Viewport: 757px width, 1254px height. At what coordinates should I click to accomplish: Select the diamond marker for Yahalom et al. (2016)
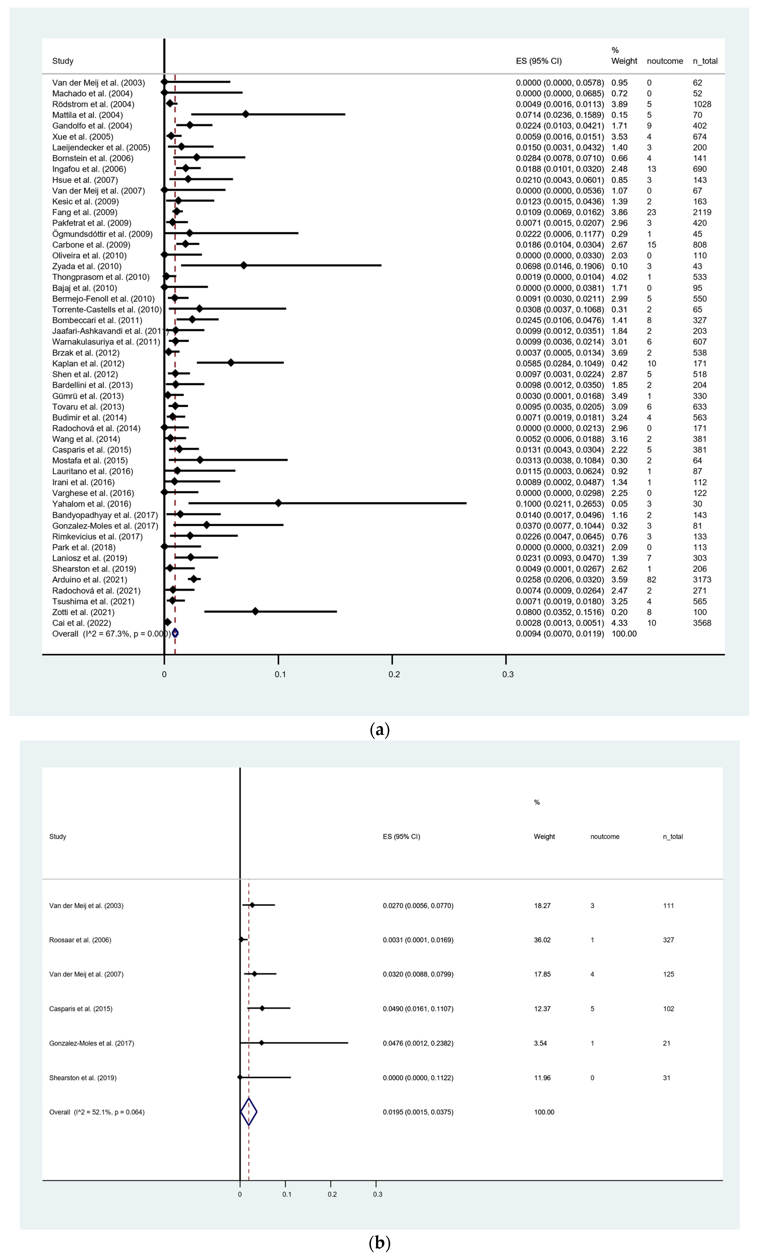278,503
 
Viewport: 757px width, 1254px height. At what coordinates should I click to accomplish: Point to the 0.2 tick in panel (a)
394,674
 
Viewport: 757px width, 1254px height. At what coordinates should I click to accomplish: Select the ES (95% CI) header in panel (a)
539,61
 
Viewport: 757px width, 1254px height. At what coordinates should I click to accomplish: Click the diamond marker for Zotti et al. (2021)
255,612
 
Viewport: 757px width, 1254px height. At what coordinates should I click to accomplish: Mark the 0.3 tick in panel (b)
377,1194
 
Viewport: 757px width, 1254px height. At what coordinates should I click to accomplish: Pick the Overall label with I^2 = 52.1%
97,1112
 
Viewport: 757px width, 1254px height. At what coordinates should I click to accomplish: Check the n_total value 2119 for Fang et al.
702,212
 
